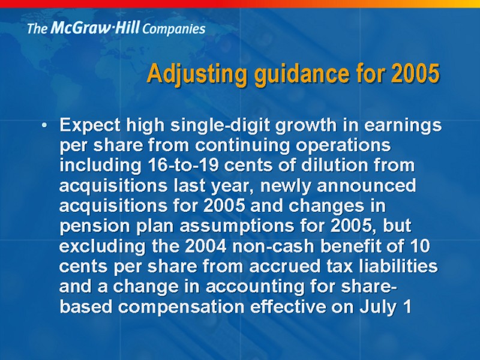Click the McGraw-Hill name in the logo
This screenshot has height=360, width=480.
pos(95,28)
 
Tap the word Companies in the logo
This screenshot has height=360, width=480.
pos(173,29)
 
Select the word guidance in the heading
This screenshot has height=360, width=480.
pos(302,74)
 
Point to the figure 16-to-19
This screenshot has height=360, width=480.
pos(183,166)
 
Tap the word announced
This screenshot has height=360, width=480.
pos(367,185)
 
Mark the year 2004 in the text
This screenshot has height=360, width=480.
pos(206,246)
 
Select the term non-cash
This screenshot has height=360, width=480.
pos(273,246)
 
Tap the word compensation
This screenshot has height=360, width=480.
pos(181,307)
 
